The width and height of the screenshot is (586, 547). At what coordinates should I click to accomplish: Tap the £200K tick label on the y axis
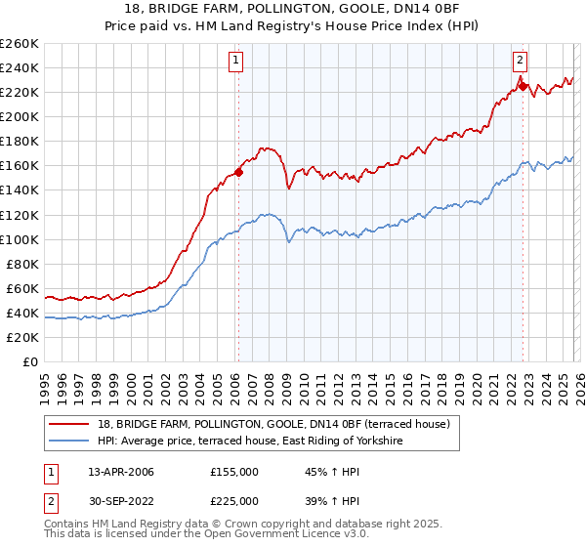19,116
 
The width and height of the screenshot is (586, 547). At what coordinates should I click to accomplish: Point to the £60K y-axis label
21,288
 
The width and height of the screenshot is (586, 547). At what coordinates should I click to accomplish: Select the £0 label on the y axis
29,361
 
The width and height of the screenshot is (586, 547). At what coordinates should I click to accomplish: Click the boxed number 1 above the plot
237,60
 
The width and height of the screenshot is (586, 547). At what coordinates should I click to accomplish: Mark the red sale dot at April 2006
238,171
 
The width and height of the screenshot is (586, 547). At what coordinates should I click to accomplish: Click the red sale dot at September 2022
523,86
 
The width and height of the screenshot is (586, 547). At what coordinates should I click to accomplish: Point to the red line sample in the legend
70,425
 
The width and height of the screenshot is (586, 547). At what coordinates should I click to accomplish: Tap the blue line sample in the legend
70,442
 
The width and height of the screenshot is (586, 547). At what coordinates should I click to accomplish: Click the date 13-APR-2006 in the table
120,472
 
